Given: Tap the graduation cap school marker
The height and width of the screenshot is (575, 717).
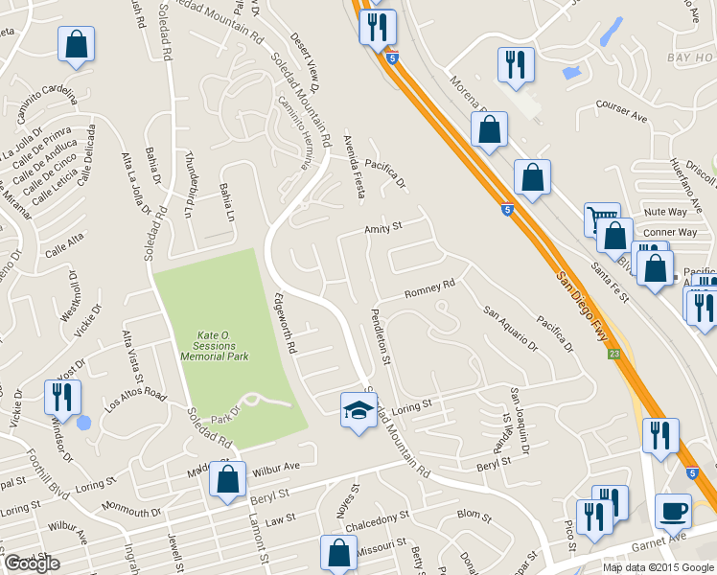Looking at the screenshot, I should [359, 411].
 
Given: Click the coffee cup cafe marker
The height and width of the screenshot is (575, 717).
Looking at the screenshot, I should [673, 511].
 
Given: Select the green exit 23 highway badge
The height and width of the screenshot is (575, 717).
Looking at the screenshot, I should [614, 355].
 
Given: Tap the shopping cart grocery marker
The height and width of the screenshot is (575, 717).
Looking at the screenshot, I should [602, 220].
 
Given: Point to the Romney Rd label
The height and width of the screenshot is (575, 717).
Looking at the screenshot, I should [428, 287].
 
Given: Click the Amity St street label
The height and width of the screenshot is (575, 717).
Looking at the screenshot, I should [382, 229].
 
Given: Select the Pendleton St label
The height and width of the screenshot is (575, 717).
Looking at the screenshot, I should [382, 335].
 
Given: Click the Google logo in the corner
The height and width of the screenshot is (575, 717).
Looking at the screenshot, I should [31, 563].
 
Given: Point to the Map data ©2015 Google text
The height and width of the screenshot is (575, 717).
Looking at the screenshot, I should [658, 567].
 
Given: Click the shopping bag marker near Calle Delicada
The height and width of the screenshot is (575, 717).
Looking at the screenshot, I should [76, 45].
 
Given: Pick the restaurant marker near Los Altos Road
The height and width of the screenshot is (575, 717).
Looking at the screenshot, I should [62, 397].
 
